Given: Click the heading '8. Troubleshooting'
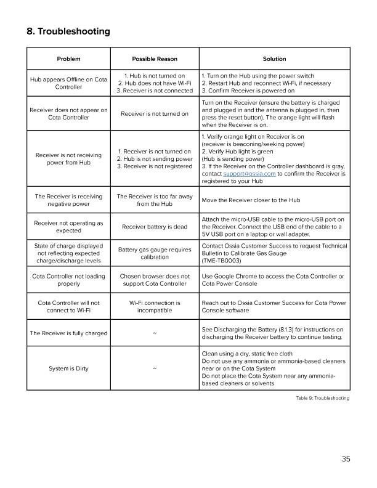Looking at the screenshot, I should (x=68, y=31).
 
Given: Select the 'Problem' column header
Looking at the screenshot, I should (x=69, y=59).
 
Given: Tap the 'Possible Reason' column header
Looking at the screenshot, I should (x=155, y=59).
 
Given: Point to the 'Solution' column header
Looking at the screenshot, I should (x=274, y=59).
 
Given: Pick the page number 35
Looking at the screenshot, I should (x=346, y=458).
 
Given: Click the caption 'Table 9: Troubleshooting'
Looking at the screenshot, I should (x=322, y=399).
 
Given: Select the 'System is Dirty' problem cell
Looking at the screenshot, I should (x=69, y=368).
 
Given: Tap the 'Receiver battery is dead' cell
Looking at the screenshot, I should (x=155, y=227).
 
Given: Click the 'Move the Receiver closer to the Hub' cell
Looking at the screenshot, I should (x=251, y=200).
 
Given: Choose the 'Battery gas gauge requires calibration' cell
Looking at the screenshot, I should (x=155, y=253).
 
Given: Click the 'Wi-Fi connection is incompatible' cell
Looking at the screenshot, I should (x=155, y=306).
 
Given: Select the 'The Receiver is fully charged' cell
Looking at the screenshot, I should (x=69, y=333).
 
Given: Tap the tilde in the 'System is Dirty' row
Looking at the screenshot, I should (x=155, y=368).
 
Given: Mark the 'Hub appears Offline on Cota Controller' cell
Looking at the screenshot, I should (x=69, y=83).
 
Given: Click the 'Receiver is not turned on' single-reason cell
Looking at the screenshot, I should (x=155, y=113).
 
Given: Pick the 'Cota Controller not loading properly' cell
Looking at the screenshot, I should (x=69, y=280).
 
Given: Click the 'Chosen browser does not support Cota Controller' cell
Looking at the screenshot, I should (x=155, y=280).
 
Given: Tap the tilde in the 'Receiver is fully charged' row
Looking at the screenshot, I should (x=155, y=333).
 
